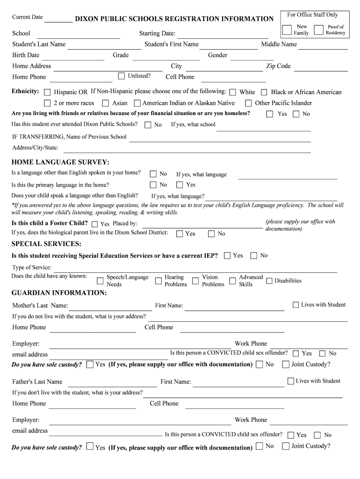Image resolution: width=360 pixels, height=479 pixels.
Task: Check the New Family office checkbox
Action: point(287,30)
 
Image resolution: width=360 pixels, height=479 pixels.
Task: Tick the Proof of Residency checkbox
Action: point(319,30)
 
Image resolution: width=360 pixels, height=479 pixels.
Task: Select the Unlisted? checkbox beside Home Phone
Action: point(122,76)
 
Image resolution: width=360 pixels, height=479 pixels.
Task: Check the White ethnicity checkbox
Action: point(232,92)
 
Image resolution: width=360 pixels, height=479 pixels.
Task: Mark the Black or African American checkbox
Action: point(264,92)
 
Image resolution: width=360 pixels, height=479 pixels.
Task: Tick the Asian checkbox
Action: point(106,103)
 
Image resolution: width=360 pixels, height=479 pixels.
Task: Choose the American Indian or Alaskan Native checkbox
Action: point(137,103)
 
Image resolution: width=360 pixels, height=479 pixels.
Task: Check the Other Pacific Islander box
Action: point(249,103)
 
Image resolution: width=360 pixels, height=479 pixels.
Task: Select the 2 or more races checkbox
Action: point(47,103)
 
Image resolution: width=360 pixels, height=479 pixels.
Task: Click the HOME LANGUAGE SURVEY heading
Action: point(60,162)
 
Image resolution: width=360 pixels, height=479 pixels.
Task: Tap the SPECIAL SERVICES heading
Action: point(46,244)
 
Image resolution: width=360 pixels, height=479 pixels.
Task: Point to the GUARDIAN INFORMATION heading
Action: point(59,293)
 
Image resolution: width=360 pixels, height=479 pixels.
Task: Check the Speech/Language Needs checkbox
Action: point(100,281)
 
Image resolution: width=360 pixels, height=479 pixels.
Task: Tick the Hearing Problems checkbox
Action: point(158,281)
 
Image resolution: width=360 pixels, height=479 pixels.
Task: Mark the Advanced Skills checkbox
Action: point(232,281)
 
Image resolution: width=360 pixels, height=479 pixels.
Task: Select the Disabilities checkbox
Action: point(269,281)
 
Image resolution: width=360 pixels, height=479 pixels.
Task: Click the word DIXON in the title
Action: point(89,19)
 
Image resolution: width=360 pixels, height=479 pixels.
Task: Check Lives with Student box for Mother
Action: point(295,305)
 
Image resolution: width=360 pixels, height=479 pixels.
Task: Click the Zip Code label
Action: point(278,66)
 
